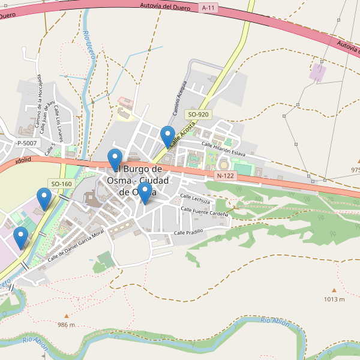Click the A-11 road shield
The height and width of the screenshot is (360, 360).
click(x=208, y=8)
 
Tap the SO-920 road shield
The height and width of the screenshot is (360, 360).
click(x=198, y=114)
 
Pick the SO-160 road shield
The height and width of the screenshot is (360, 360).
click(x=61, y=184)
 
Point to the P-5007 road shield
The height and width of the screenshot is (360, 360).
click(x=26, y=143)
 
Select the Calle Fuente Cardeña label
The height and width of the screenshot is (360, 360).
click(x=205, y=212)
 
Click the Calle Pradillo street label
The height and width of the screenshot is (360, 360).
click(x=188, y=232)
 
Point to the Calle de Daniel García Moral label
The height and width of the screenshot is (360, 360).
click(x=76, y=244)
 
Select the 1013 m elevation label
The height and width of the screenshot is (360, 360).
click(x=334, y=299)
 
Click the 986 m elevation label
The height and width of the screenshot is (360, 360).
click(x=66, y=325)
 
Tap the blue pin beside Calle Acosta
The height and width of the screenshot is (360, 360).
click(x=168, y=136)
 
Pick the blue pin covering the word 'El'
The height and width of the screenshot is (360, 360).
click(x=115, y=159)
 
